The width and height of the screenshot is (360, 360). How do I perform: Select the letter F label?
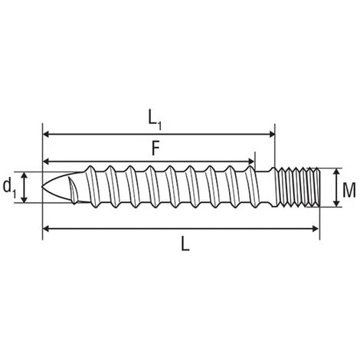pos(155,149)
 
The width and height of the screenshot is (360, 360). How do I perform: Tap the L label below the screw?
pos(185,244)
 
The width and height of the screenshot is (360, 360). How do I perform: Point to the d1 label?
pos(9,188)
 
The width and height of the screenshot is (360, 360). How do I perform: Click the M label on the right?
pos(349,190)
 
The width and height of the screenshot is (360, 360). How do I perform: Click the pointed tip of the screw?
pos(42,187)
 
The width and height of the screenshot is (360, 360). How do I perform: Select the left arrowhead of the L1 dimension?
pos(46,134)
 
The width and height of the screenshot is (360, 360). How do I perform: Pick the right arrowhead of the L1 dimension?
pos(272,134)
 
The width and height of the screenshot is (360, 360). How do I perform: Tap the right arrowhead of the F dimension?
pos(251,162)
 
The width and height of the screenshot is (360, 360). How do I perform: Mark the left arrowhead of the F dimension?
pos(46,162)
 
